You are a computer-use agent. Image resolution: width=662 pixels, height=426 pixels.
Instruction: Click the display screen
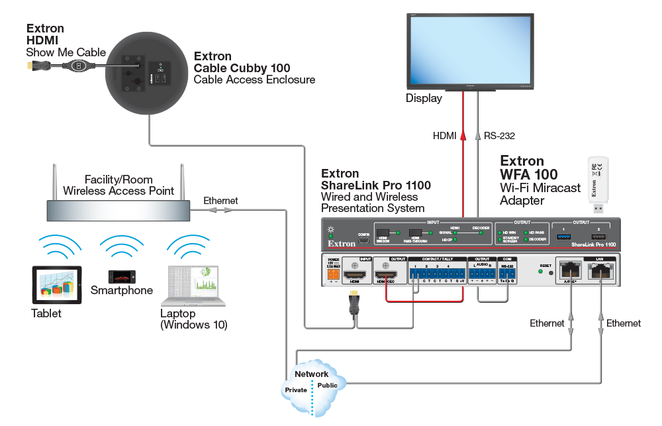(x=470, y=52)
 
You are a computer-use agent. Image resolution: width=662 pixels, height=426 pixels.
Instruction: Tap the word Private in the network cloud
(x=296, y=390)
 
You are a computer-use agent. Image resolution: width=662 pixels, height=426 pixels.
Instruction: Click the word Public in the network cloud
(x=327, y=385)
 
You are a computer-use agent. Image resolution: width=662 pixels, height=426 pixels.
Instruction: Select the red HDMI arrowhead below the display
(x=463, y=136)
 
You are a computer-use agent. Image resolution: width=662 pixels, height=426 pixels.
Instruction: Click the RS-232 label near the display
(x=499, y=135)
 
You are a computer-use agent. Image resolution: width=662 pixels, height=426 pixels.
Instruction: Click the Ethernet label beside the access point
(x=220, y=200)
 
